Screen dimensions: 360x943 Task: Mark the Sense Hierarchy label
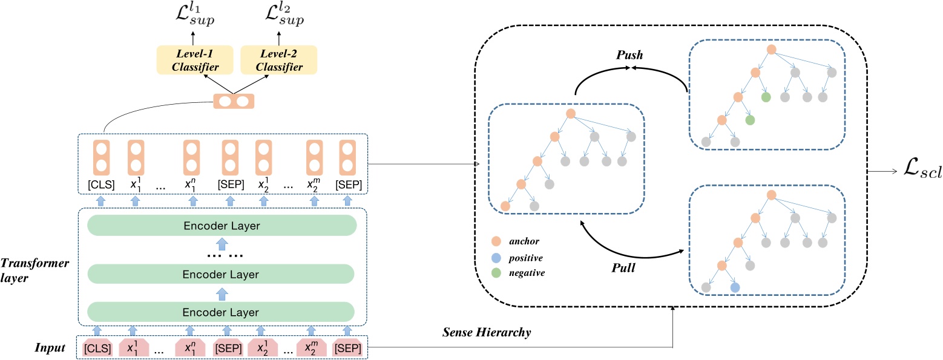(x=488, y=332)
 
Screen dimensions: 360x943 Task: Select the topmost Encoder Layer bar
(x=222, y=226)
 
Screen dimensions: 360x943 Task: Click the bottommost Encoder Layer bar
(x=222, y=312)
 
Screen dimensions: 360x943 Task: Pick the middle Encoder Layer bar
(x=222, y=275)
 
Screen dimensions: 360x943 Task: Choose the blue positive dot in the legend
(x=496, y=258)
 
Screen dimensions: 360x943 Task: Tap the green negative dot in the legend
(x=496, y=273)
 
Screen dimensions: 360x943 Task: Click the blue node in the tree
(x=735, y=287)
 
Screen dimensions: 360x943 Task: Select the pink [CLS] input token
(x=97, y=349)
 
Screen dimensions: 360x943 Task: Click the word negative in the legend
(x=526, y=273)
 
